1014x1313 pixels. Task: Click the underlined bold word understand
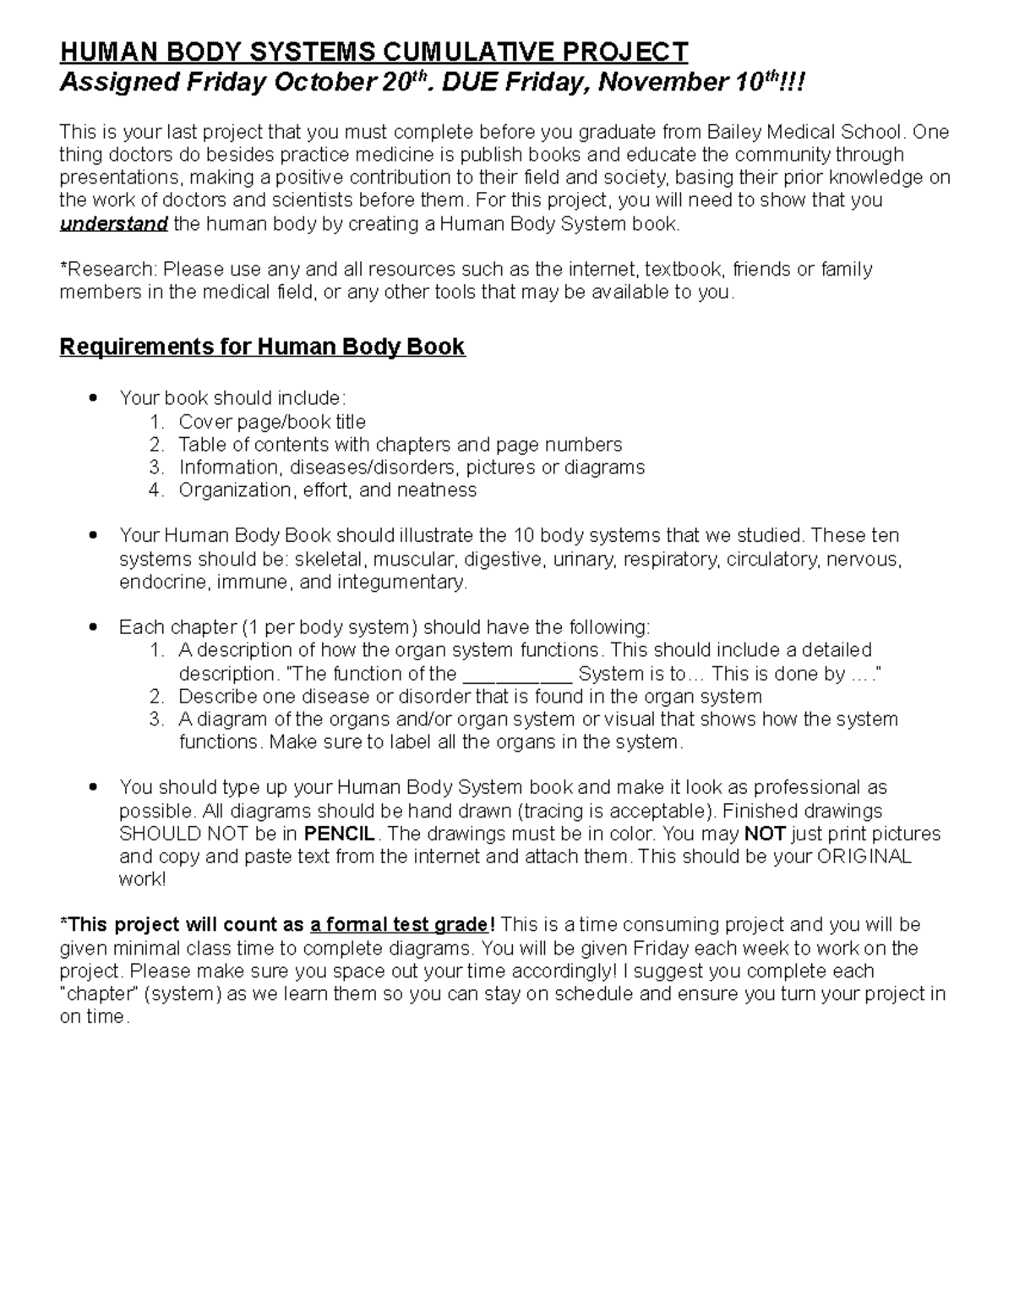(113, 224)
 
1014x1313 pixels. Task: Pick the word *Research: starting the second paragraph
(107, 270)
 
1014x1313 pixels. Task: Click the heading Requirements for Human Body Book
(262, 347)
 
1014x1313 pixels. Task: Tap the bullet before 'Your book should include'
(94, 398)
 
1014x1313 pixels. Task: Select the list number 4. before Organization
(156, 490)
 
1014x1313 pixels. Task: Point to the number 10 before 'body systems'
(523, 536)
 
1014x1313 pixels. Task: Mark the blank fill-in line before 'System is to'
(518, 675)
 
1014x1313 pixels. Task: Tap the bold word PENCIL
(339, 834)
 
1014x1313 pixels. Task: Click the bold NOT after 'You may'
(765, 834)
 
